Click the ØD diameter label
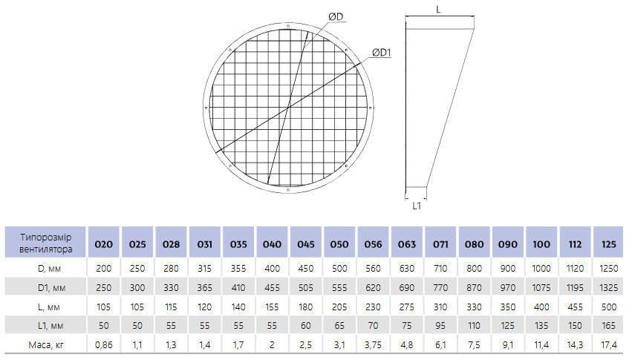click(336, 16)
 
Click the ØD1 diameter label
click(381, 53)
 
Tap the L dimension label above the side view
click(438, 9)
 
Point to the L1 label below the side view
click(417, 206)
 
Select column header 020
click(103, 244)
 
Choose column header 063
click(407, 244)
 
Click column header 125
click(609, 244)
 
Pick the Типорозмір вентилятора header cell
click(45, 243)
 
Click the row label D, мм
click(49, 269)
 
